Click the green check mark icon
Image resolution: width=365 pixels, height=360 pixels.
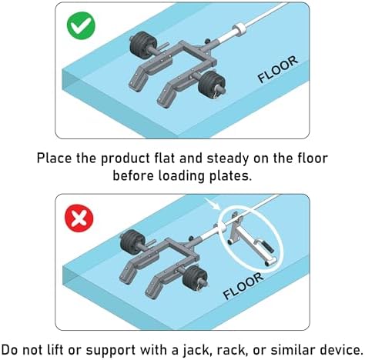[81, 25]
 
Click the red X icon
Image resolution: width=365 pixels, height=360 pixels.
[79, 218]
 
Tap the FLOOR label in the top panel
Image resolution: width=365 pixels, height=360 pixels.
[278, 69]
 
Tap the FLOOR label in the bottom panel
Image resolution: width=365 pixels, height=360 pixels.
[243, 286]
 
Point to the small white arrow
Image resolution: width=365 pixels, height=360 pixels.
[213, 205]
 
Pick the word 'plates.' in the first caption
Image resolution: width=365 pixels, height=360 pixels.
[230, 177]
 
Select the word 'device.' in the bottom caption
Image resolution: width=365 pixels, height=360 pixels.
[341, 350]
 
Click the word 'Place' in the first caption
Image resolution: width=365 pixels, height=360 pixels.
[54, 158]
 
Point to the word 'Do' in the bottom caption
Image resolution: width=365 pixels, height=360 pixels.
[10, 350]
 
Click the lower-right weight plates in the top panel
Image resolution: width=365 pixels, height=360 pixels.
[211, 83]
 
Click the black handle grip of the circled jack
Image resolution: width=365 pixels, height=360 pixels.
[268, 246]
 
